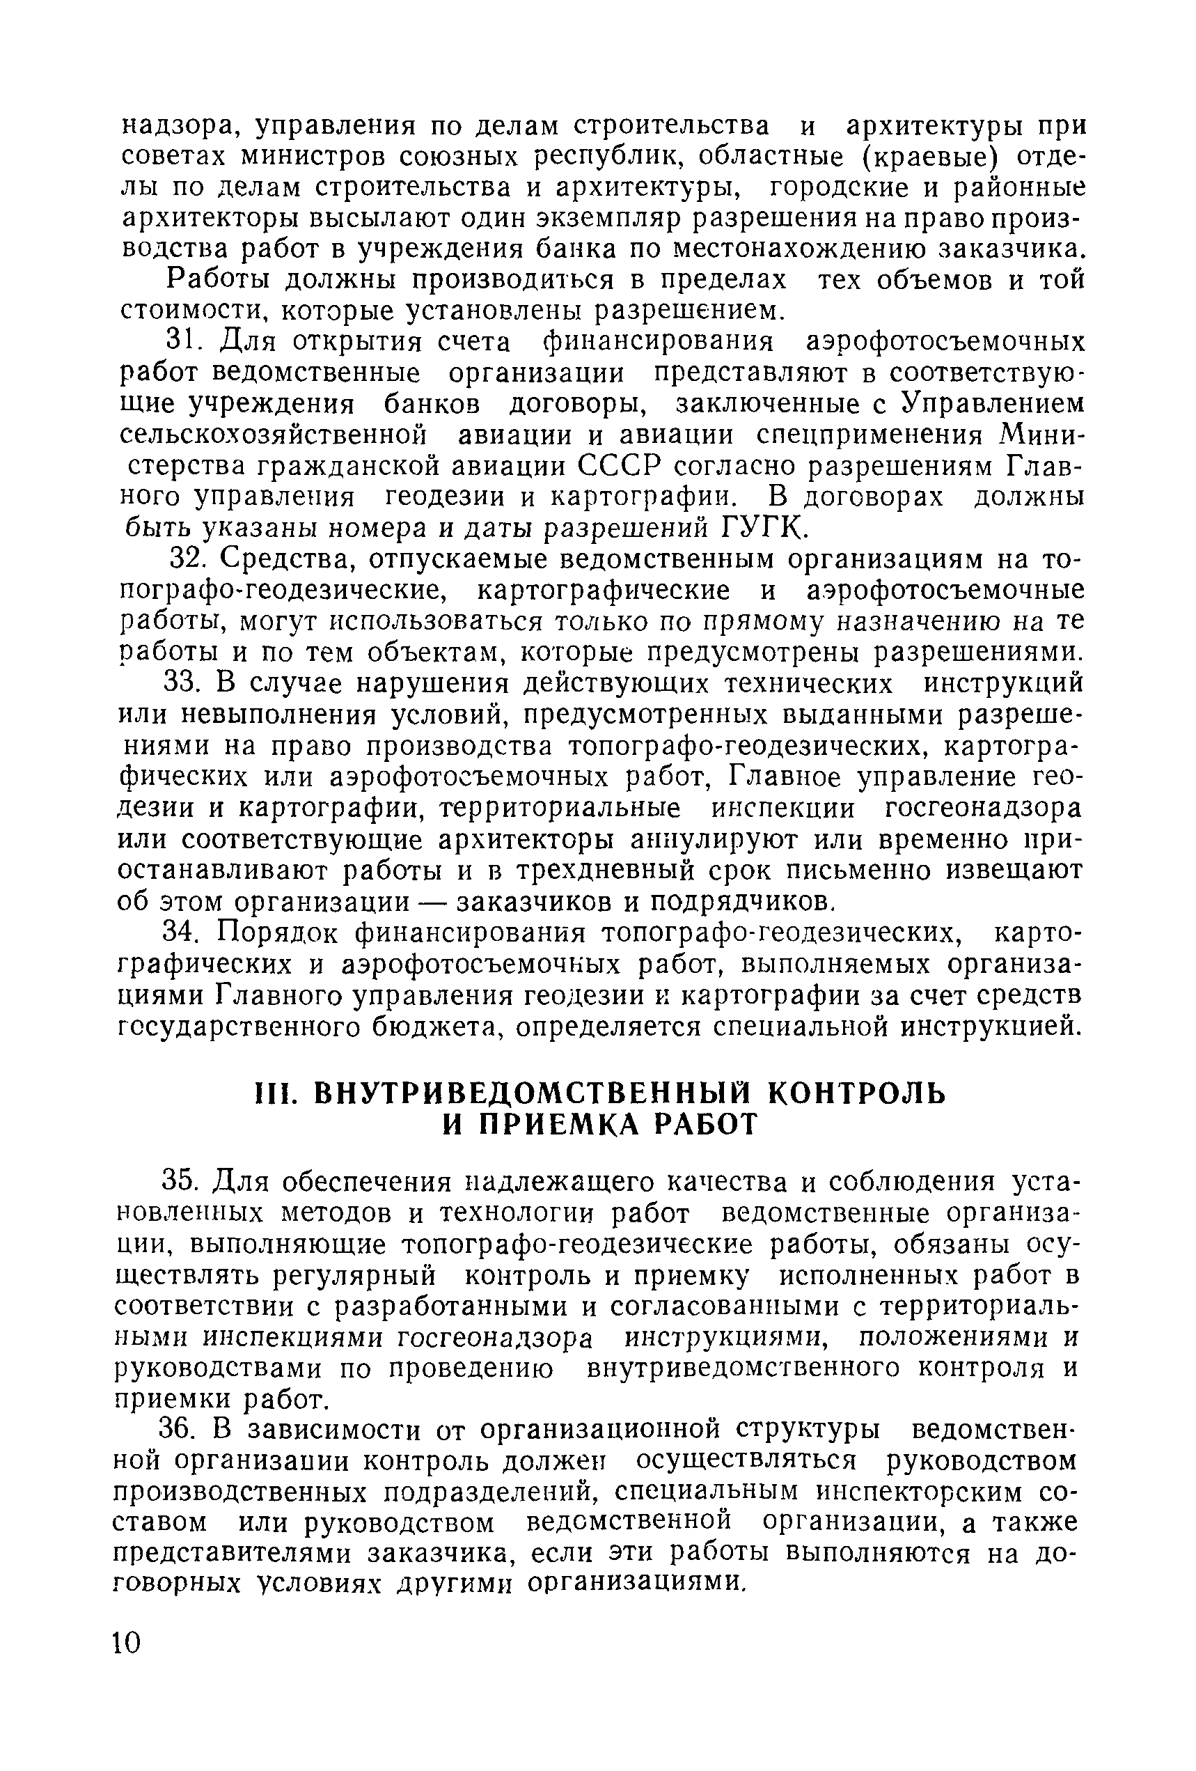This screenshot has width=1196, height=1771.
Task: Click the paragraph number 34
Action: [184, 933]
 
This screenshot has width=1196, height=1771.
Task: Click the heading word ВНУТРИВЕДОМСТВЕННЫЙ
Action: [533, 1093]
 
